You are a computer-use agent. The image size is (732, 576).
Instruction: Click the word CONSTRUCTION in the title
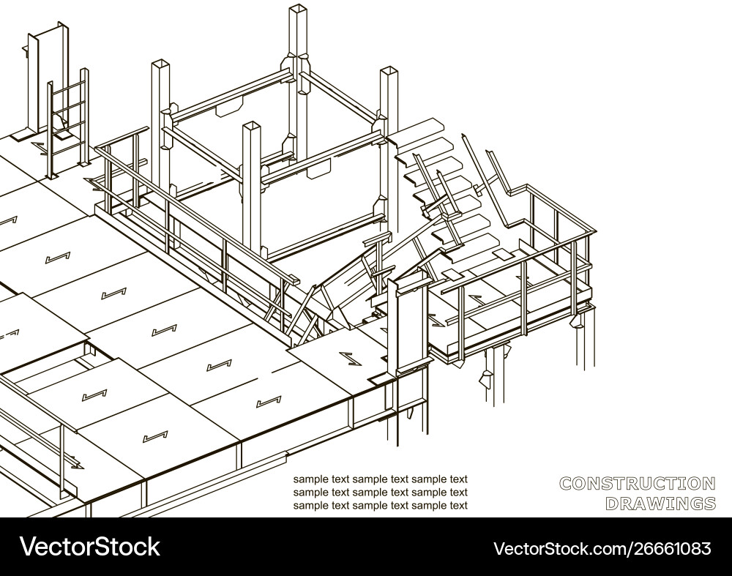coord(637,483)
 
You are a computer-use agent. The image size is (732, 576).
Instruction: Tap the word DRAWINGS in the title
coord(660,503)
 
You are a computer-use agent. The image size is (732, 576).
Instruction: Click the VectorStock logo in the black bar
coord(90,546)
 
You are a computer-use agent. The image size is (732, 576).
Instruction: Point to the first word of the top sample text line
coord(310,479)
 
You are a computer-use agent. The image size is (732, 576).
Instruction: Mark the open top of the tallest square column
coord(297,10)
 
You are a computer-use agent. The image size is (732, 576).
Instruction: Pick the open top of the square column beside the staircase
coord(388,71)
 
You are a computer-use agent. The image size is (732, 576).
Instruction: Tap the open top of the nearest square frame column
coord(251,127)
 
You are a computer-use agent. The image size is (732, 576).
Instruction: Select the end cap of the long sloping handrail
coord(293,280)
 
